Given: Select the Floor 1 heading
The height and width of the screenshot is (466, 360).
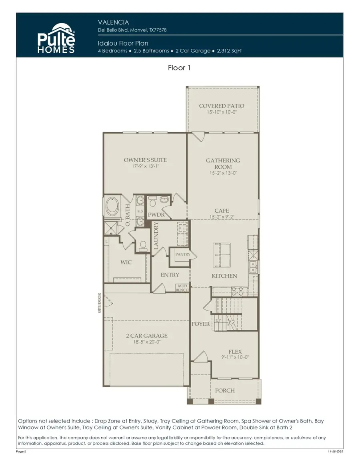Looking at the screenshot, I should point(179,68).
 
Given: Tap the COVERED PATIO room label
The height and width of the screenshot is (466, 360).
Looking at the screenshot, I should point(222,106).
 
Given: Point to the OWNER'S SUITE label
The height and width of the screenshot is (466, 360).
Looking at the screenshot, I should point(145,160).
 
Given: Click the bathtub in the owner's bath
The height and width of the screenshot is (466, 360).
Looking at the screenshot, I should point(111,208).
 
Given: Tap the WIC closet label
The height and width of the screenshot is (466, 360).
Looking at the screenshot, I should point(126,263).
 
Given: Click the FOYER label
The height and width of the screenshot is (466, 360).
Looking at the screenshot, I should point(200,324).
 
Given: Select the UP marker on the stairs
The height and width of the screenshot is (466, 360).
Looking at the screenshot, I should point(218,321).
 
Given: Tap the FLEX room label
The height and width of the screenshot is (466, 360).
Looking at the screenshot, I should point(235,351).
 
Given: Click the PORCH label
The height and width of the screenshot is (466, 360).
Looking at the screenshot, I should point(225,390).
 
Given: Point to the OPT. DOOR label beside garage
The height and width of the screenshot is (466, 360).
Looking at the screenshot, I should point(100,304).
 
